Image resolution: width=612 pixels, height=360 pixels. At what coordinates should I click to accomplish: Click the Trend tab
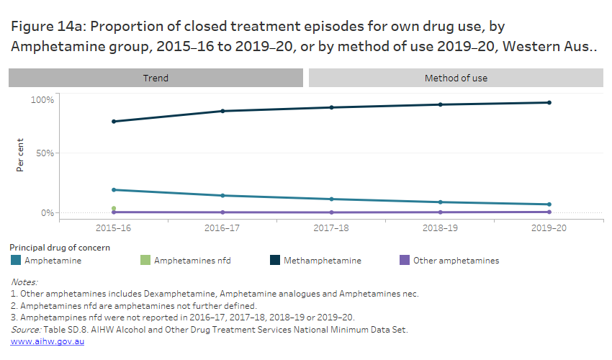click(x=156, y=78)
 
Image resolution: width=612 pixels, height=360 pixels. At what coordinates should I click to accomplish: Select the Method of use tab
click(x=456, y=78)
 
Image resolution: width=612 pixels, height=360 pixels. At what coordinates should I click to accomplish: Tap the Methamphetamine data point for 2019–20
click(x=549, y=102)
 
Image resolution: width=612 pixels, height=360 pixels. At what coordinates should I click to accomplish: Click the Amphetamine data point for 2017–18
click(x=331, y=199)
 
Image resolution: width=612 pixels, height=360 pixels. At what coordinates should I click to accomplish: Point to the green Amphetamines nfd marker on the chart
click(x=113, y=208)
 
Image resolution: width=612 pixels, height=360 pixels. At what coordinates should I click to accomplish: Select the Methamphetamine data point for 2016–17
click(x=222, y=111)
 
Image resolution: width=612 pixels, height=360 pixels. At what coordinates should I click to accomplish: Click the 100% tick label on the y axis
click(x=42, y=99)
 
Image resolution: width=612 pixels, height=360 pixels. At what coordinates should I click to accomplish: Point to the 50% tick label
click(x=45, y=153)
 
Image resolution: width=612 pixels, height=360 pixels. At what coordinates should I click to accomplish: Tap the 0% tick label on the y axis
click(x=47, y=213)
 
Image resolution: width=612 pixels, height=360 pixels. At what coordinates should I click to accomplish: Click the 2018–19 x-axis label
click(x=440, y=228)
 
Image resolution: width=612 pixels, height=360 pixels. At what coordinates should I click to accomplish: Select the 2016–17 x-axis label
click(x=222, y=228)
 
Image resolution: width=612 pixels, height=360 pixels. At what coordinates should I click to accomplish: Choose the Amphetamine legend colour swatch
click(x=16, y=261)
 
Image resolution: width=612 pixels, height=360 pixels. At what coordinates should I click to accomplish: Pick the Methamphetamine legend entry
click(x=322, y=261)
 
